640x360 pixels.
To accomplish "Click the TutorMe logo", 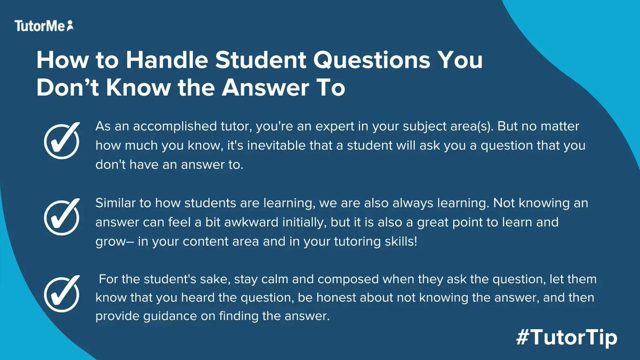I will pos(44,25).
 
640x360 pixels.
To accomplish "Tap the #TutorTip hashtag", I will pos(566,337).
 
